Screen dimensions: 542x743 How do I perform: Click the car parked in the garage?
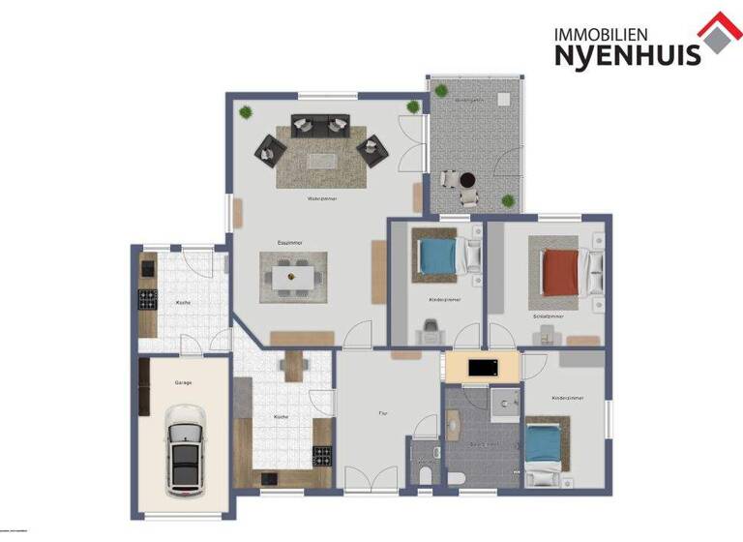[x=184, y=449]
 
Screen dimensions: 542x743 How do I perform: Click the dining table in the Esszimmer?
[x=292, y=278]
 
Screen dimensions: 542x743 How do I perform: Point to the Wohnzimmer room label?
[x=321, y=198]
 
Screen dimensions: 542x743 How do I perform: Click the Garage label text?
[x=183, y=383]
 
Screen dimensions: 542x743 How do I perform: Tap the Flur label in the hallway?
[x=383, y=413]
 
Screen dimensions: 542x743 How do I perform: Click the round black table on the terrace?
[x=467, y=179]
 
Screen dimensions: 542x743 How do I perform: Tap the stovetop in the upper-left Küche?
[x=148, y=297]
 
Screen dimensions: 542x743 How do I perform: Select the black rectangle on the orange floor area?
[x=482, y=368]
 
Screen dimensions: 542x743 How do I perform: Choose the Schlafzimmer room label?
[x=548, y=316]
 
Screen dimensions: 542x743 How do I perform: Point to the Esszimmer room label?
[x=290, y=242]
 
